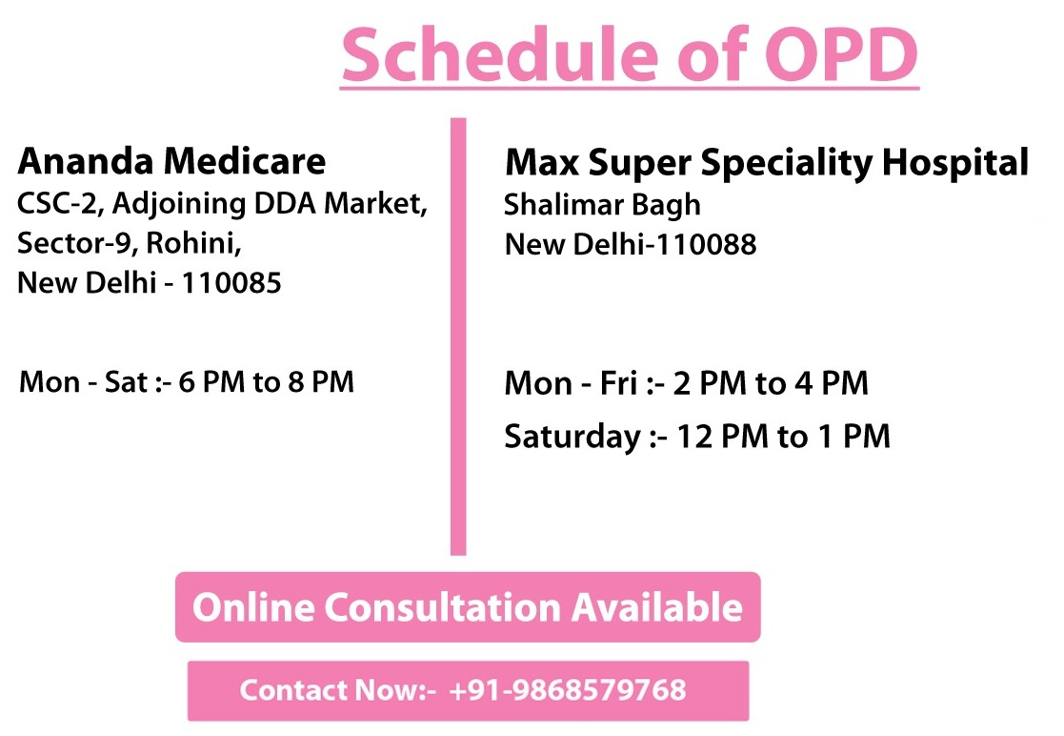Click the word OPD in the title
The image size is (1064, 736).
841,54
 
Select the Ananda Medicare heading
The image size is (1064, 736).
171,161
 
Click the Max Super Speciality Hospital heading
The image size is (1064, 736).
767,163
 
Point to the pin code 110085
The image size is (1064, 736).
231,283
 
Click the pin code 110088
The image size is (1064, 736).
707,244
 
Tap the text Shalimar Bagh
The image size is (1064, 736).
602,205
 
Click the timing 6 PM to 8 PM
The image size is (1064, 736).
266,382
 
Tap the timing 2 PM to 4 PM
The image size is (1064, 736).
771,383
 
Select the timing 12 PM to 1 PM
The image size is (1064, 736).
783,436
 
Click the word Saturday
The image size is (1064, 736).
572,437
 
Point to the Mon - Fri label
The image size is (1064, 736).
571,383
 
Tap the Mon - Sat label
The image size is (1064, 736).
84,382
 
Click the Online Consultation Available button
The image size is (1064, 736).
468,607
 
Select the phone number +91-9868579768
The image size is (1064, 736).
568,690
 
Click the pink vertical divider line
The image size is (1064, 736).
459,337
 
